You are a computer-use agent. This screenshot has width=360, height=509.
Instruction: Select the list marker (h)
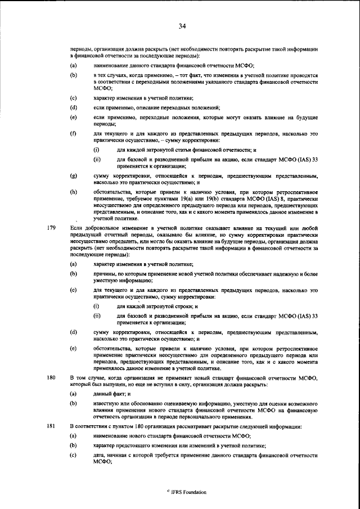point(73,192)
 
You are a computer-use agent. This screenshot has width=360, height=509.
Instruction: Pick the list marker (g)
point(73,176)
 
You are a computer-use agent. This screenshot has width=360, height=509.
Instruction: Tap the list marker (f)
point(73,133)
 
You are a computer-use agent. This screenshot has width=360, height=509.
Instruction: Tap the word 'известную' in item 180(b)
point(106,404)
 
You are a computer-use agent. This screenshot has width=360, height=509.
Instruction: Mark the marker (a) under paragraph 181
point(73,436)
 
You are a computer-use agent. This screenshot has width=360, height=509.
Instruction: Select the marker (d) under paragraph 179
point(73,332)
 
